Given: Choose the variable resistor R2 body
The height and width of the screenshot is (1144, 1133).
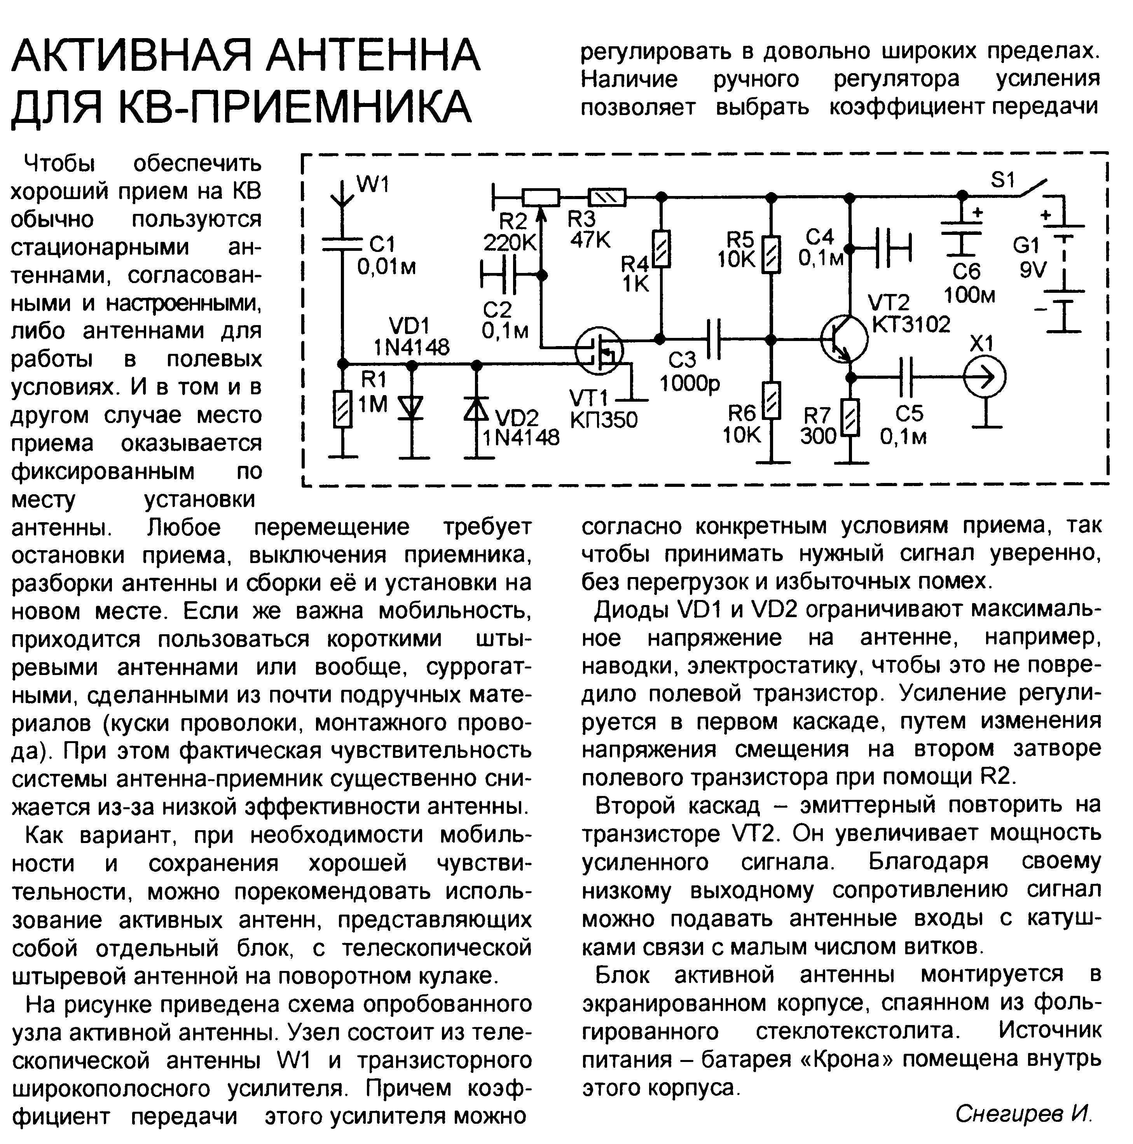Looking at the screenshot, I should click(x=540, y=196).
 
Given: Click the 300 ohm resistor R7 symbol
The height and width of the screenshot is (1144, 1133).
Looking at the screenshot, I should click(x=851, y=418).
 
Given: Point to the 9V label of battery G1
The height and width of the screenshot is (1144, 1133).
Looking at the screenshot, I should click(x=1033, y=270).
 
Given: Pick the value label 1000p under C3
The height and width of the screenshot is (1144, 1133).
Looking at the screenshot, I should click(x=690, y=384).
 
